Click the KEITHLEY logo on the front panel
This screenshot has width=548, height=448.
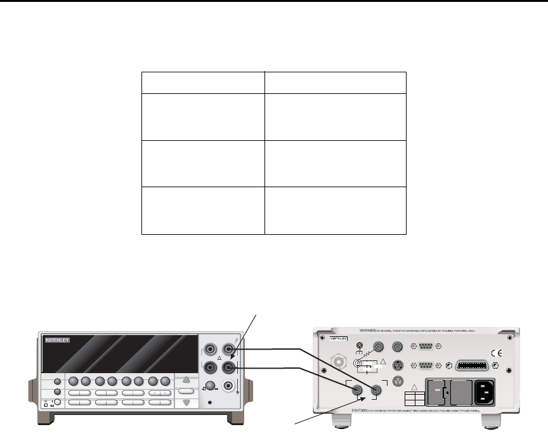[x=57, y=341]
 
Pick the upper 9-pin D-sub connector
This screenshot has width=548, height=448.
[x=424, y=346]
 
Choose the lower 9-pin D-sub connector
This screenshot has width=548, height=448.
[x=424, y=366]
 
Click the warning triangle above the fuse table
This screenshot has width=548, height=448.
[x=414, y=388]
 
